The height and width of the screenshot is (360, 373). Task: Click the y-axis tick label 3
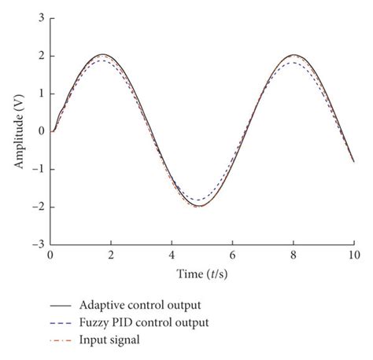(40, 17)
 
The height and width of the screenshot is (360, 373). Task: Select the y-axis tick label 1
(40, 94)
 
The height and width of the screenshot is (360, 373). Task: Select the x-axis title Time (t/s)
(202, 273)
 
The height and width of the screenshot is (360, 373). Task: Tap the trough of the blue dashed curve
(197, 200)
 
